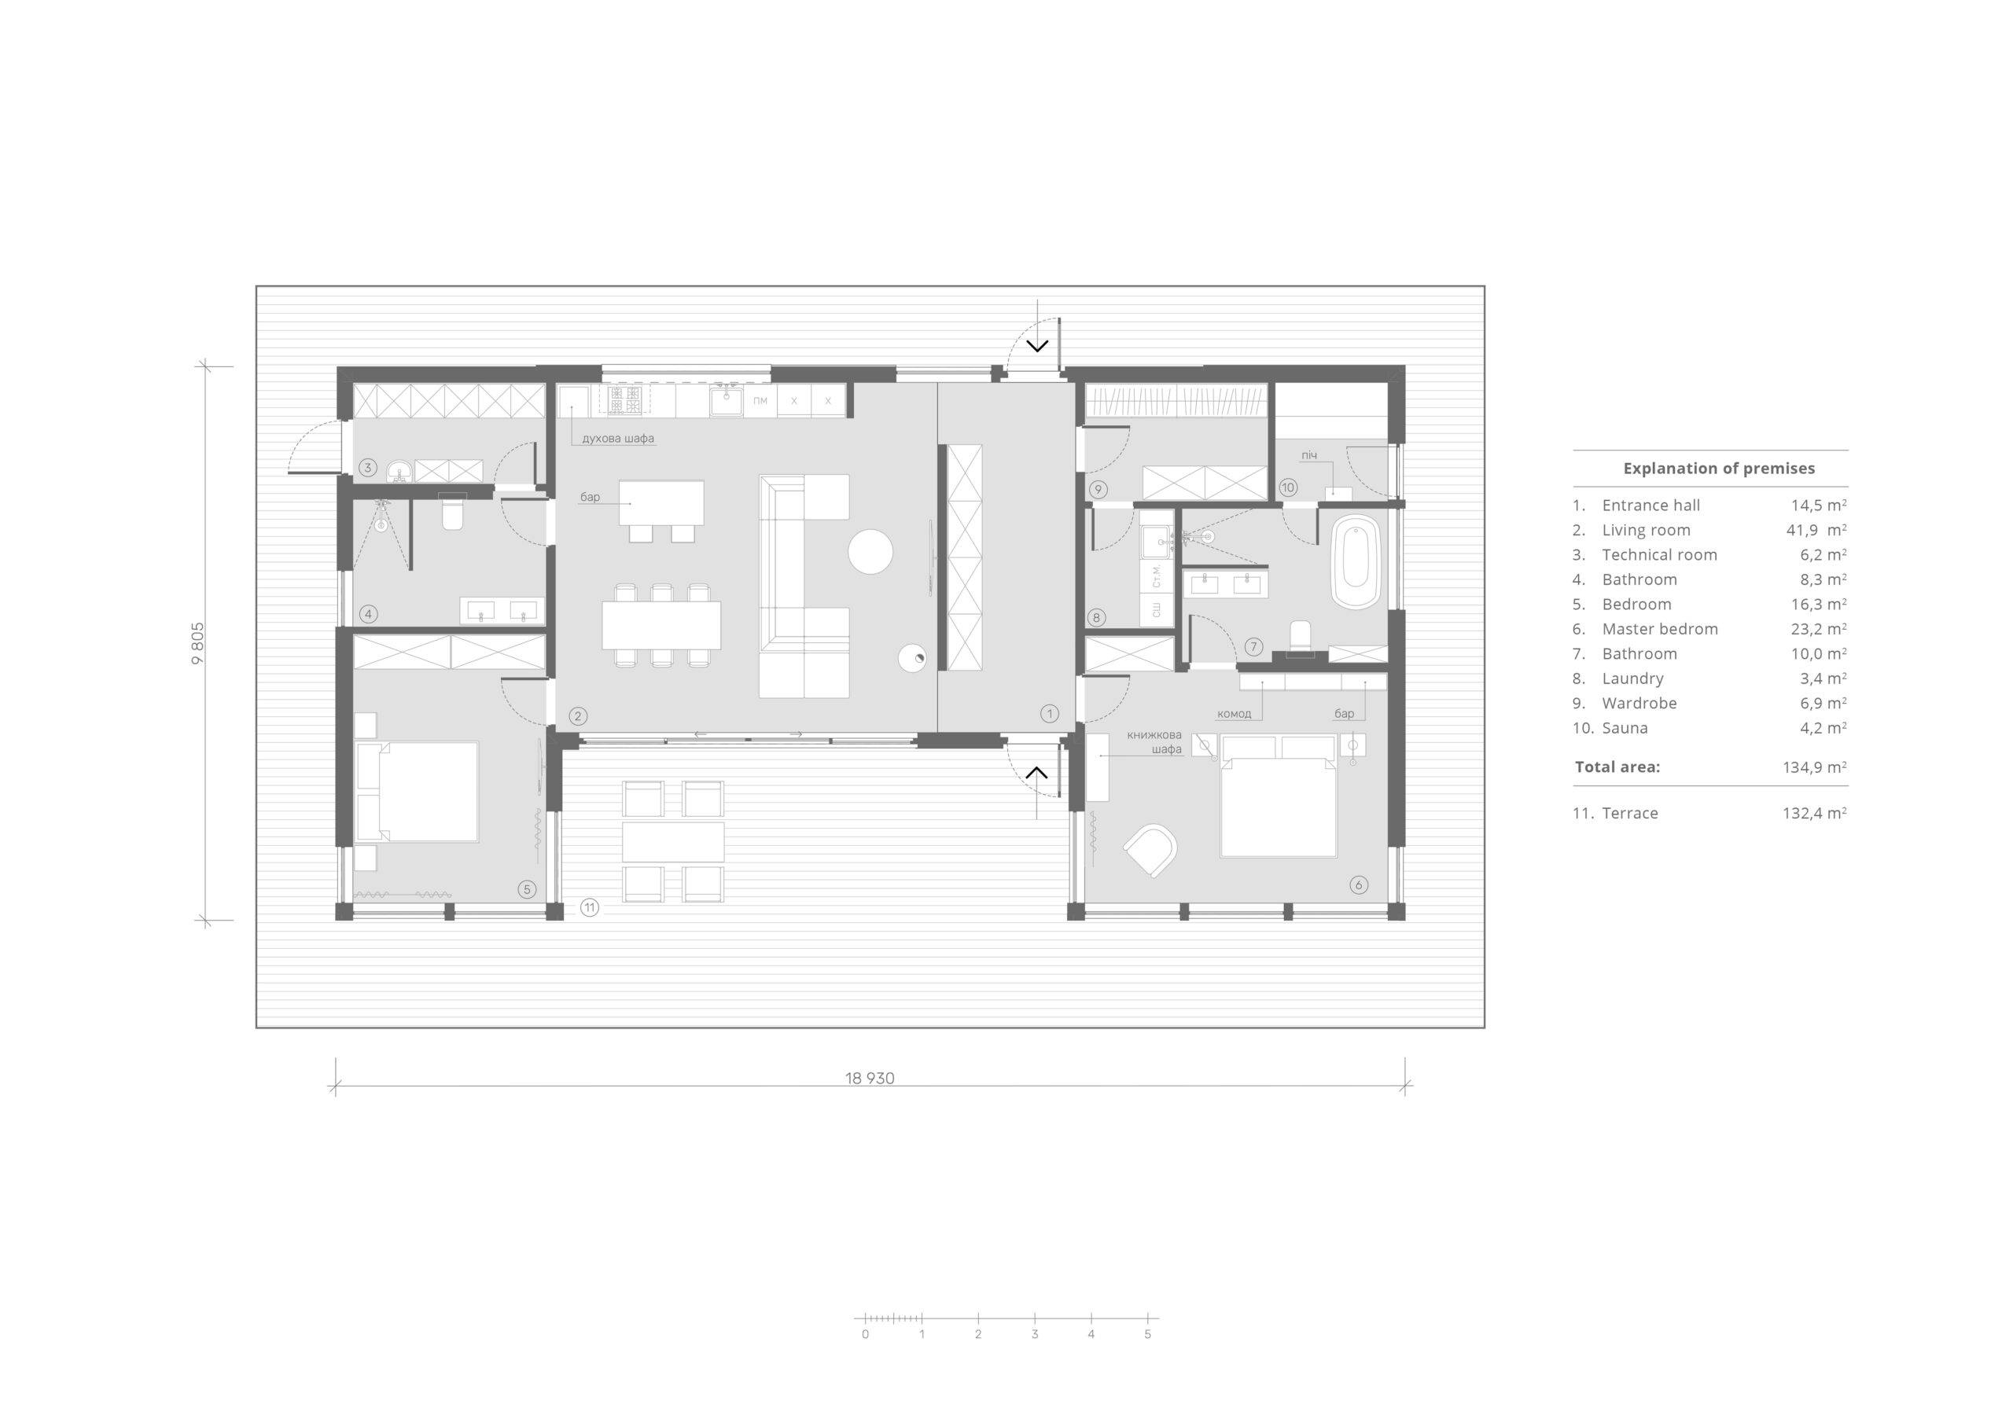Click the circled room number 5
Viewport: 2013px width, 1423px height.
tap(527, 889)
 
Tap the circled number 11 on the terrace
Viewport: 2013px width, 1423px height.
tap(589, 907)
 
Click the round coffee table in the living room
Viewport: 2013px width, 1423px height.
tap(870, 551)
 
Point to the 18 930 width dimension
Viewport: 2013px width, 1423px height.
tap(870, 1079)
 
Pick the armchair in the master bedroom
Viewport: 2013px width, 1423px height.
tap(1150, 850)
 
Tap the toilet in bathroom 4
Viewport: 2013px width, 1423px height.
tap(452, 513)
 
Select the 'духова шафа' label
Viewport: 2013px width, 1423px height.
tap(618, 439)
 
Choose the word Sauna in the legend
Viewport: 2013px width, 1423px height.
tap(1625, 728)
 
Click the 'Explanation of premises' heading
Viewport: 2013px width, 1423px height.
tap(1719, 469)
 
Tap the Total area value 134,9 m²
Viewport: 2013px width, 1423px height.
tap(1814, 767)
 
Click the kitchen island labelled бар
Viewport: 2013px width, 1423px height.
tap(661, 502)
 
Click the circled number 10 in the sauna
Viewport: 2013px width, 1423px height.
tap(1288, 487)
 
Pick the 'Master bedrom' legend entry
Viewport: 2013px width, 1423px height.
tap(1660, 629)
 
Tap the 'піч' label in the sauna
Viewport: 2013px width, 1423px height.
tap(1309, 455)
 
